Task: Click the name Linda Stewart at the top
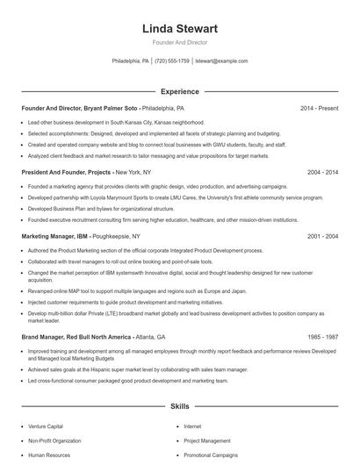179,29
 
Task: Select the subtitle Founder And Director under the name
179,42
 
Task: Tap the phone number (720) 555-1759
172,61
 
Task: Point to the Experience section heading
179,91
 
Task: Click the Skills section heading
179,407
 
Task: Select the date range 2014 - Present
319,108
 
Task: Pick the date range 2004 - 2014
322,173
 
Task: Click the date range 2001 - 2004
322,237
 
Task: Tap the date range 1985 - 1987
322,337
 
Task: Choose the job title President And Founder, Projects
66,173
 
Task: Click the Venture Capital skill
45,426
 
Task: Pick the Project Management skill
207,440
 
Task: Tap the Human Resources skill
47,455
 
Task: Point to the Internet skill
192,426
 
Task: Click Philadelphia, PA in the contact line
131,61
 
